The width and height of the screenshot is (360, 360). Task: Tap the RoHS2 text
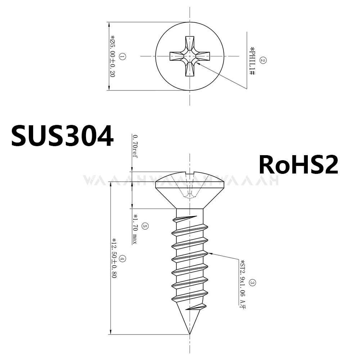[x=298, y=165]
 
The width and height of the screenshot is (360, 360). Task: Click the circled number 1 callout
[x=122, y=57]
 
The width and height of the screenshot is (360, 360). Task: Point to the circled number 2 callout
[x=262, y=60]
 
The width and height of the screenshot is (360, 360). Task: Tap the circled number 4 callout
[x=122, y=258]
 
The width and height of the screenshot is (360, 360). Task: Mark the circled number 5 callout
[x=145, y=226]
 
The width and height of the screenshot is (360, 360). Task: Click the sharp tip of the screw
[x=190, y=334]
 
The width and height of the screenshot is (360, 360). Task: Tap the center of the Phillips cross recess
[x=190, y=56]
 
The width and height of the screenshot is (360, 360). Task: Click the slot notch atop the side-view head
[x=190, y=173]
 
